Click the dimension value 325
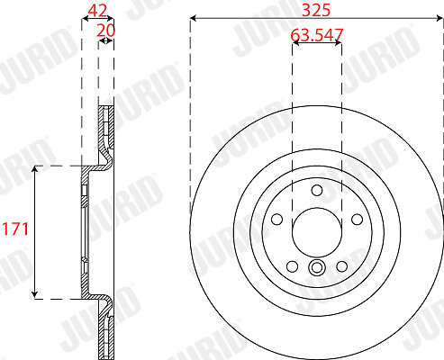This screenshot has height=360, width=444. (316, 10)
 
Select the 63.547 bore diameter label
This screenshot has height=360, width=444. (317, 35)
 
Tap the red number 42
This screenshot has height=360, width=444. (97, 11)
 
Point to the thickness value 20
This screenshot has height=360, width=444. (105, 31)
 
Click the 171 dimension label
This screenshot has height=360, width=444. (15, 229)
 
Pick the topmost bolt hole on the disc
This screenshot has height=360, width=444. (317, 190)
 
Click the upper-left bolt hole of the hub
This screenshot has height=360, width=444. (276, 219)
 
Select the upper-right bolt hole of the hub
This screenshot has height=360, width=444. (357, 219)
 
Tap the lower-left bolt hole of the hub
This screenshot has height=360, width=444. (292, 266)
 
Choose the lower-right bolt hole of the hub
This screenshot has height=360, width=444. (342, 266)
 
